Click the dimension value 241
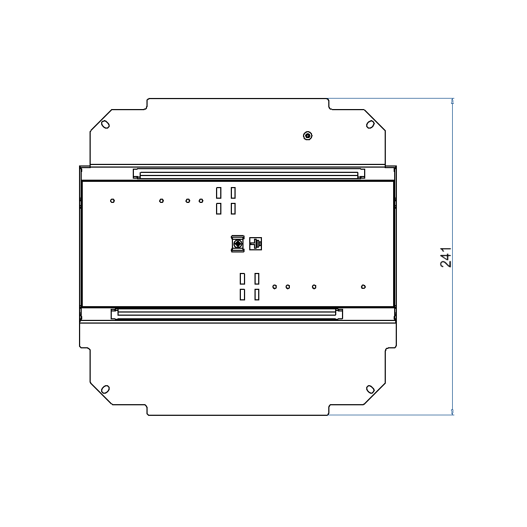[x=446, y=257]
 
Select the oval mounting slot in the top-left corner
[x=105, y=124]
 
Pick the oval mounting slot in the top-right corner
[x=370, y=124]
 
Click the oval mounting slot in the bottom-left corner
[x=105, y=389]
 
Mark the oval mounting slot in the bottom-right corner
[x=370, y=389]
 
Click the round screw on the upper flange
[x=308, y=136]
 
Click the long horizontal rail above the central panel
[x=249, y=173]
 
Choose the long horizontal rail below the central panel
[x=227, y=314]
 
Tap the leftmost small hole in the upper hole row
[x=112, y=201]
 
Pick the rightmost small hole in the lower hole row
[x=363, y=287]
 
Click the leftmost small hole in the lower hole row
[x=275, y=287]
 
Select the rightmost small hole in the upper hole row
[x=201, y=201]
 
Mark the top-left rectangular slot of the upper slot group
[x=219, y=193]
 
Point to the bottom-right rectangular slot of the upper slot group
[x=233, y=209]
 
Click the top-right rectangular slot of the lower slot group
[x=257, y=278]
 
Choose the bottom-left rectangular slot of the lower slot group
[x=242, y=295]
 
